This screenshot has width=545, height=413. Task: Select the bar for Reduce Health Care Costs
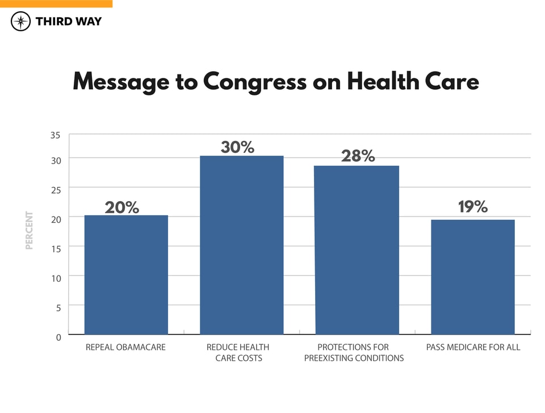click(x=242, y=245)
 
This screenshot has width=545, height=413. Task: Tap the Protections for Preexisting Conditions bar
click(x=357, y=250)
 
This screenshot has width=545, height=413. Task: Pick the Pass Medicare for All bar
click(x=473, y=277)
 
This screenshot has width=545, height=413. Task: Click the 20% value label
click(x=122, y=207)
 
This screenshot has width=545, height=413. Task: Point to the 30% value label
click(x=237, y=147)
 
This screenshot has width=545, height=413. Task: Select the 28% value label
click(x=358, y=156)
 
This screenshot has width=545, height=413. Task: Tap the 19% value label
click(x=473, y=207)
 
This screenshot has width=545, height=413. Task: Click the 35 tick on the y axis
click(x=55, y=136)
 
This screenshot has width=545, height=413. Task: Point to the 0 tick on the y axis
click(x=58, y=337)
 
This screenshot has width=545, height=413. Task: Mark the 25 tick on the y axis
click(x=55, y=189)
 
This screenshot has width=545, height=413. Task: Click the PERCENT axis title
click(x=30, y=230)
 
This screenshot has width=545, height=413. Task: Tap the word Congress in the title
click(x=254, y=81)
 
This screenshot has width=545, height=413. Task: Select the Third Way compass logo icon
click(x=20, y=22)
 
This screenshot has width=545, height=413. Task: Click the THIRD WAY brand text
click(x=68, y=22)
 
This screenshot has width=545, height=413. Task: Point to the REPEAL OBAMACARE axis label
click(x=125, y=347)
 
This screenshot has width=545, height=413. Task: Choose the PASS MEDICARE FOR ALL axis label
click(x=473, y=347)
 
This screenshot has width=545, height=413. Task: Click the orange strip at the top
click(x=56, y=3)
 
